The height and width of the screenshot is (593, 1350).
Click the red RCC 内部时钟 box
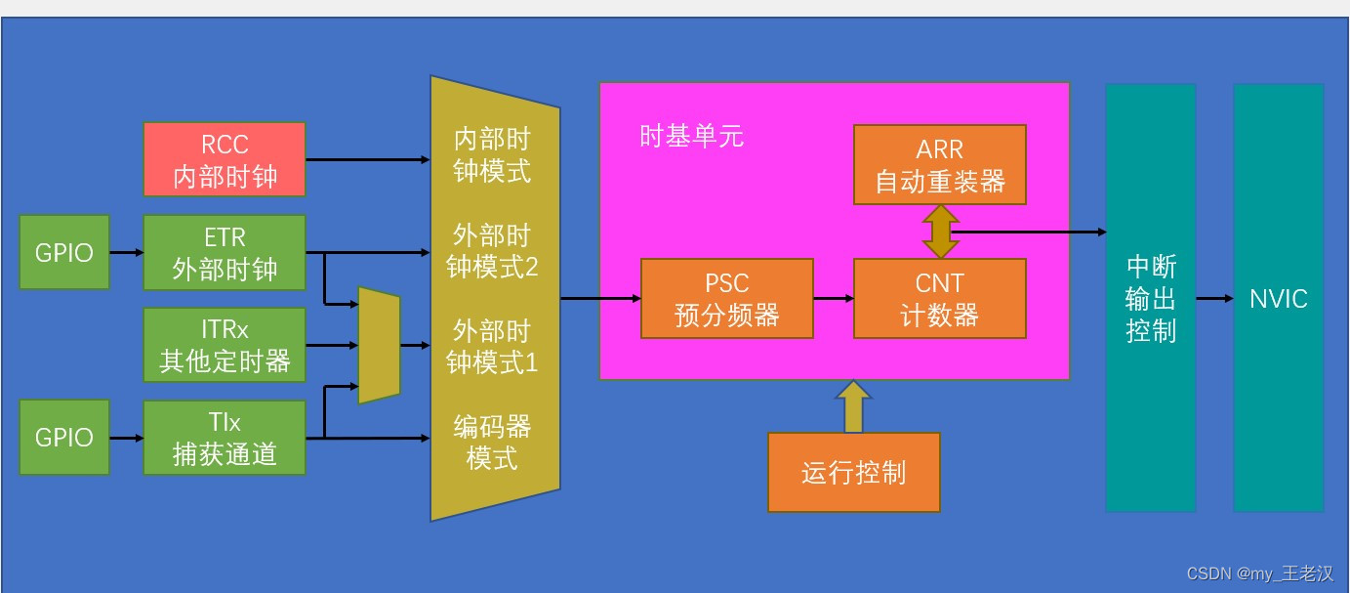click(225, 159)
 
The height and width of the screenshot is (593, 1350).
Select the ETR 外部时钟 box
click(225, 252)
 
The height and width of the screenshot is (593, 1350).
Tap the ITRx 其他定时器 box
click(225, 345)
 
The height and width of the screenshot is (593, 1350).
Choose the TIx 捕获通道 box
click(225, 438)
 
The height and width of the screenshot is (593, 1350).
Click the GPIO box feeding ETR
click(64, 252)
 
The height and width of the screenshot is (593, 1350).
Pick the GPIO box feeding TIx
click(64, 438)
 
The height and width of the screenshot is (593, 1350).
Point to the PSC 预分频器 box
click(727, 298)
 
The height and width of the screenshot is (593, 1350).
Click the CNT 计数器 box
click(939, 298)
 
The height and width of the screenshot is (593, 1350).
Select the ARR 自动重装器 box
click(939, 164)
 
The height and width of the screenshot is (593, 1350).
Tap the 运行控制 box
click(853, 472)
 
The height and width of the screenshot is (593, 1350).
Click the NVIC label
click(1278, 298)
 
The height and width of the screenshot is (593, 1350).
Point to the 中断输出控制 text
click(1151, 298)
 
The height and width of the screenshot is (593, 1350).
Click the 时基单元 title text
click(691, 136)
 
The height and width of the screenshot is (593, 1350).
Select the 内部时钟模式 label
click(493, 154)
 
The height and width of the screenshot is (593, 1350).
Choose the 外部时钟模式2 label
click(493, 250)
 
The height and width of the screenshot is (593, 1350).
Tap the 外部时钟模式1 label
click(493, 345)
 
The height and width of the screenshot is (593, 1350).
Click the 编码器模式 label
click(493, 441)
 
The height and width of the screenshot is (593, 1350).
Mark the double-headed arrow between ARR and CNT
click(940, 232)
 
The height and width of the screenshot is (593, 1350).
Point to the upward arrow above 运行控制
click(853, 406)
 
